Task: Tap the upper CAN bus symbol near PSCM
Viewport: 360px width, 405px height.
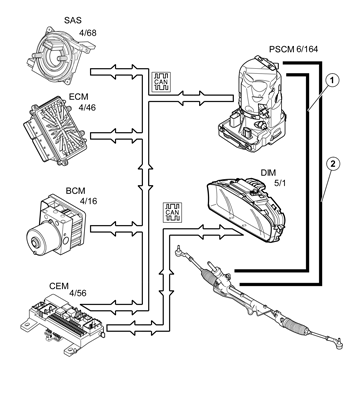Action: click(x=161, y=81)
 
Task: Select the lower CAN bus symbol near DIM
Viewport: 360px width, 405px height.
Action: click(x=171, y=212)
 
